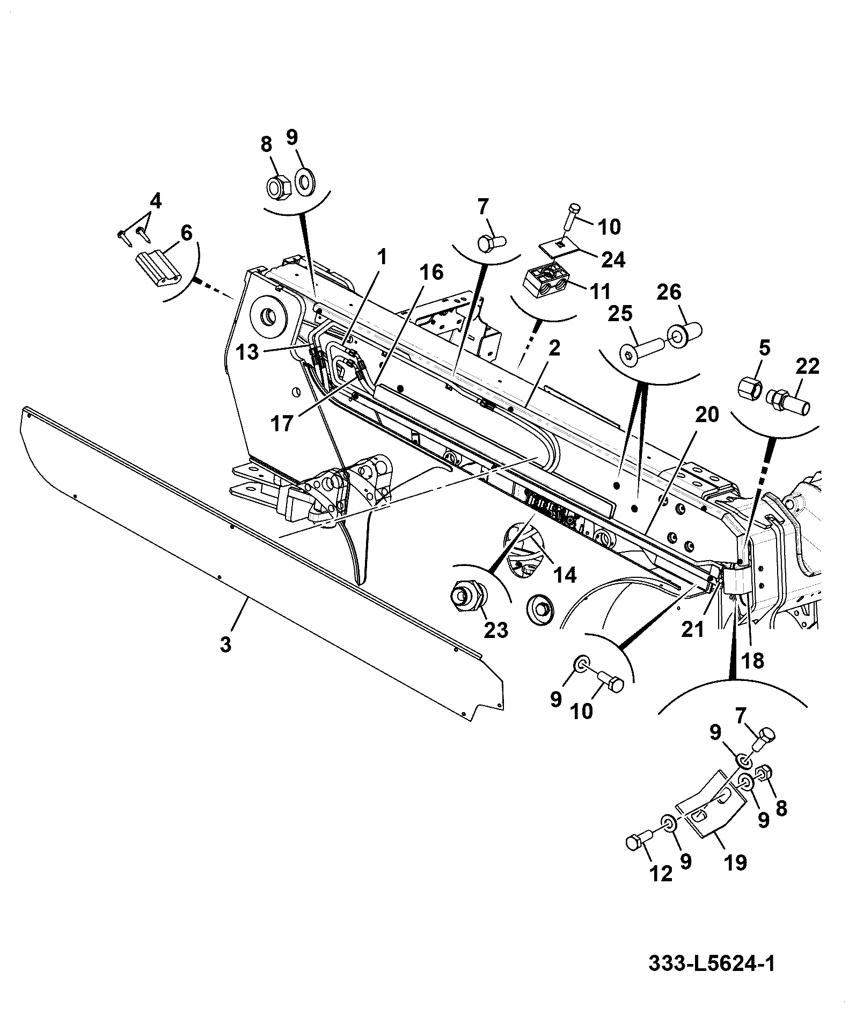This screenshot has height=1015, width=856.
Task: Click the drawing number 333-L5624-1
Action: pyautogui.click(x=712, y=963)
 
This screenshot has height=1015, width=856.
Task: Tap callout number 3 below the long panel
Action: pyautogui.click(x=225, y=644)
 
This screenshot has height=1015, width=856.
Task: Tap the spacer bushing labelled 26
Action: pyautogui.click(x=685, y=334)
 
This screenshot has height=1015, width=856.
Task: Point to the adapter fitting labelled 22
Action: pyautogui.click(x=787, y=402)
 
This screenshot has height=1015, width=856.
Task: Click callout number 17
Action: pyautogui.click(x=282, y=424)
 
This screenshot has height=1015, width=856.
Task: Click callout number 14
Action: pyautogui.click(x=565, y=575)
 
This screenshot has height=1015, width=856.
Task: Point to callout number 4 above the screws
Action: pyautogui.click(x=155, y=201)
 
